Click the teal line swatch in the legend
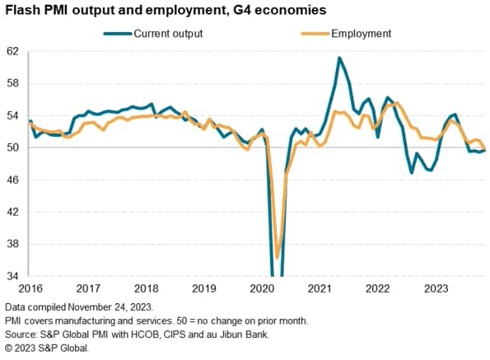point(118,34)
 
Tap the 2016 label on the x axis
point(30,288)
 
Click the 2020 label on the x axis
point(261,288)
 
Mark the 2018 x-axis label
point(146,288)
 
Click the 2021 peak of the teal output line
point(339,58)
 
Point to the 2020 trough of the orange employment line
point(278,257)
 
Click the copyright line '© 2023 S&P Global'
point(46,347)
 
